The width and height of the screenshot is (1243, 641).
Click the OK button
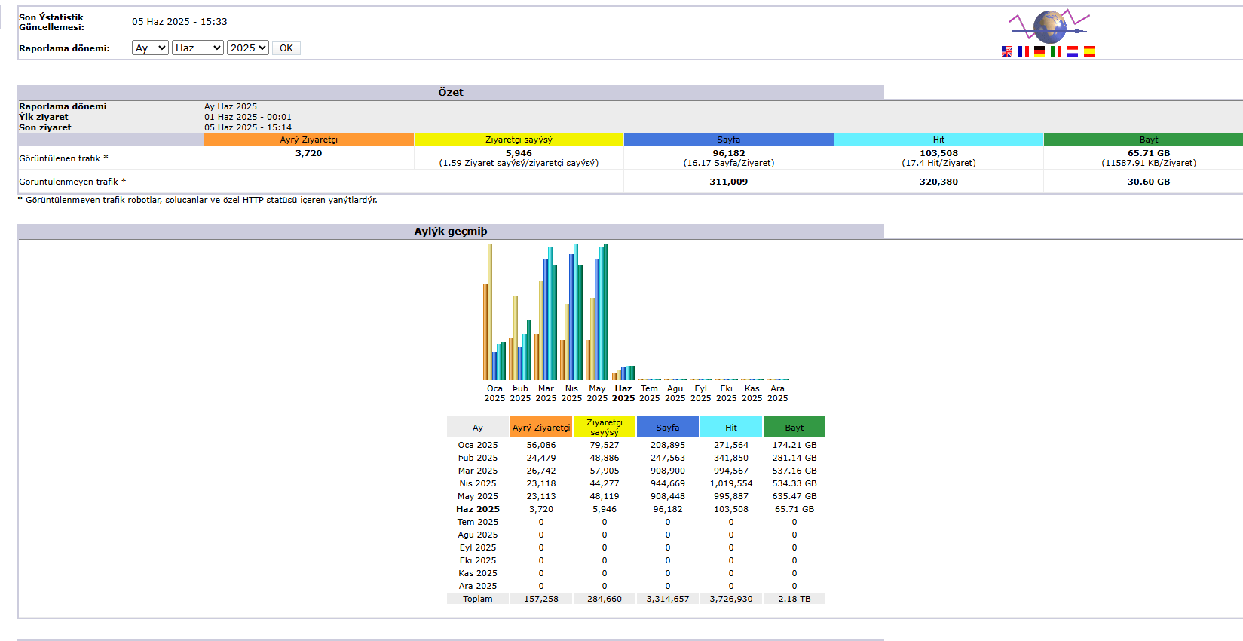pyautogui.click(x=286, y=48)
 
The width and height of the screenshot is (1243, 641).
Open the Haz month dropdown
pyautogui.click(x=197, y=48)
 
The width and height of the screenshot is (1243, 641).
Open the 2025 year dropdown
pyautogui.click(x=247, y=48)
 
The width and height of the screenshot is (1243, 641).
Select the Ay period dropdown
pyautogui.click(x=150, y=48)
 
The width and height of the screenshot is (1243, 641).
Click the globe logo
pyautogui.click(x=1049, y=26)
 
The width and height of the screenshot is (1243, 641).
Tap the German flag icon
pyautogui.click(x=1039, y=51)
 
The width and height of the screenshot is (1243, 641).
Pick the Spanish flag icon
pyautogui.click(x=1089, y=51)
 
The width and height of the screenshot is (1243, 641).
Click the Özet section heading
pyautogui.click(x=451, y=92)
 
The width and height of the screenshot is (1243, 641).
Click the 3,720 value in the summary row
pyautogui.click(x=308, y=153)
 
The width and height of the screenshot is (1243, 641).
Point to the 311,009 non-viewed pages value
pyautogui.click(x=729, y=182)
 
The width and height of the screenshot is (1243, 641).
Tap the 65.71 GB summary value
pyautogui.click(x=1149, y=153)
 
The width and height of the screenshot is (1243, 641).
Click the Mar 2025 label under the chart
pyautogui.click(x=546, y=394)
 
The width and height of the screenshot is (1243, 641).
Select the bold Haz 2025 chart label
pyautogui.click(x=623, y=394)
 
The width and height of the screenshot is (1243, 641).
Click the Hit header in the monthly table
pyautogui.click(x=731, y=428)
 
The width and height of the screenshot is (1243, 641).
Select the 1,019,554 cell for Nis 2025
pyautogui.click(x=731, y=483)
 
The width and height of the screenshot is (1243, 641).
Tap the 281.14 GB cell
pyautogui.click(x=794, y=458)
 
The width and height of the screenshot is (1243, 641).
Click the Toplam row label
pyautogui.click(x=478, y=599)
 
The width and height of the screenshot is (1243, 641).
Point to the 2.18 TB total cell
pyautogui.click(x=794, y=599)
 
